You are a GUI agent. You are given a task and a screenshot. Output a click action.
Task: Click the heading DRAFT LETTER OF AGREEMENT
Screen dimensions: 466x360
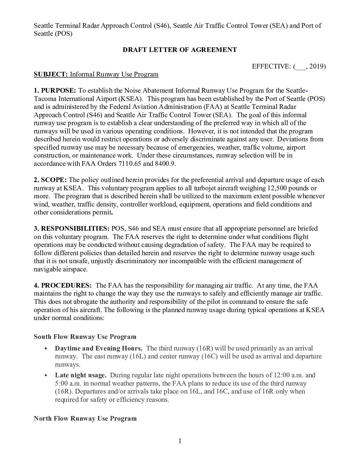click(180, 50)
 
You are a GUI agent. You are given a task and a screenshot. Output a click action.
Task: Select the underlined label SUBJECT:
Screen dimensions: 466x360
click(51, 74)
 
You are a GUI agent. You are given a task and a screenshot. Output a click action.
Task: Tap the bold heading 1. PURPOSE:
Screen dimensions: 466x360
click(55, 90)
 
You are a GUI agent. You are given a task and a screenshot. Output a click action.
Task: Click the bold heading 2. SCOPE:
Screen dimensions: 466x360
click(50, 180)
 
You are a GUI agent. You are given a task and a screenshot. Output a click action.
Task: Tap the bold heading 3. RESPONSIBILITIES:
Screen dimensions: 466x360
click(71, 228)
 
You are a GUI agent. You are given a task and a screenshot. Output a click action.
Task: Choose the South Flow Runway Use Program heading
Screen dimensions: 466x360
click(85, 337)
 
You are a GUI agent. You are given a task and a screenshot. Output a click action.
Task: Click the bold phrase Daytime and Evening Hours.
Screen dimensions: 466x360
click(99, 348)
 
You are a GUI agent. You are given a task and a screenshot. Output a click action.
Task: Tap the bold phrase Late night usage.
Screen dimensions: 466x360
click(81, 375)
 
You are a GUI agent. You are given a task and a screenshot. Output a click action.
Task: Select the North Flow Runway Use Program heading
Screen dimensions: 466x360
click(85, 418)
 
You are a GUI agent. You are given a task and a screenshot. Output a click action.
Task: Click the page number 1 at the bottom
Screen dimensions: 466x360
click(180, 441)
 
